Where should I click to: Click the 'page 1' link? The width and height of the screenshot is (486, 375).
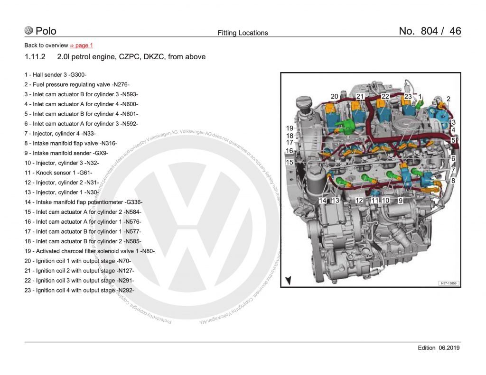pyautogui.click(x=84, y=46)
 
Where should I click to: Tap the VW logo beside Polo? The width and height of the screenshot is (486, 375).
pyautogui.click(x=29, y=31)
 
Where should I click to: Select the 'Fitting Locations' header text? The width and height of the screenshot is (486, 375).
pyautogui.click(x=243, y=33)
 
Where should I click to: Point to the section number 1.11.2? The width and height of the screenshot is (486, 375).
pyautogui.click(x=35, y=57)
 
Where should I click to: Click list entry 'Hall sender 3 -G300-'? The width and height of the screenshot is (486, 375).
pyautogui.click(x=56, y=74)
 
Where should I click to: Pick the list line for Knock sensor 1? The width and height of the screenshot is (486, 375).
pyautogui.click(x=58, y=173)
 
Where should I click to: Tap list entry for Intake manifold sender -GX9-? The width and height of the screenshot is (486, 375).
pyautogui.click(x=66, y=153)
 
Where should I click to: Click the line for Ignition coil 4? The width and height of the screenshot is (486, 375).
pyautogui.click(x=79, y=290)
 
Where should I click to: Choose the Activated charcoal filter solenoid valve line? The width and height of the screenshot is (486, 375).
pyautogui.click(x=90, y=251)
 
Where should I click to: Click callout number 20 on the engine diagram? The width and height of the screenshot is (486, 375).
pyautogui.click(x=334, y=97)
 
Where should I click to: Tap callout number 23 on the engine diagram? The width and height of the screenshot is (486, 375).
pyautogui.click(x=408, y=97)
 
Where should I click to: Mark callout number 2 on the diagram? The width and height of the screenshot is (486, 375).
pyautogui.click(x=449, y=99)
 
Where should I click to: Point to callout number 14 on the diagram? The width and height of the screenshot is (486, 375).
pyautogui.click(x=323, y=201)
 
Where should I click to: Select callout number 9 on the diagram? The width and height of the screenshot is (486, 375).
pyautogui.click(x=401, y=201)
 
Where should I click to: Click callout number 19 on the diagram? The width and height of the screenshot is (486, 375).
pyautogui.click(x=290, y=128)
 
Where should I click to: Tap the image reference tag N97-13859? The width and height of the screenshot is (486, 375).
pyautogui.click(x=449, y=283)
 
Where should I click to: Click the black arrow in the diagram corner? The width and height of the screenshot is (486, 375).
pyautogui.click(x=288, y=280)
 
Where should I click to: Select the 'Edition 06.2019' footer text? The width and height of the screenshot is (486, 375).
pyautogui.click(x=439, y=348)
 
